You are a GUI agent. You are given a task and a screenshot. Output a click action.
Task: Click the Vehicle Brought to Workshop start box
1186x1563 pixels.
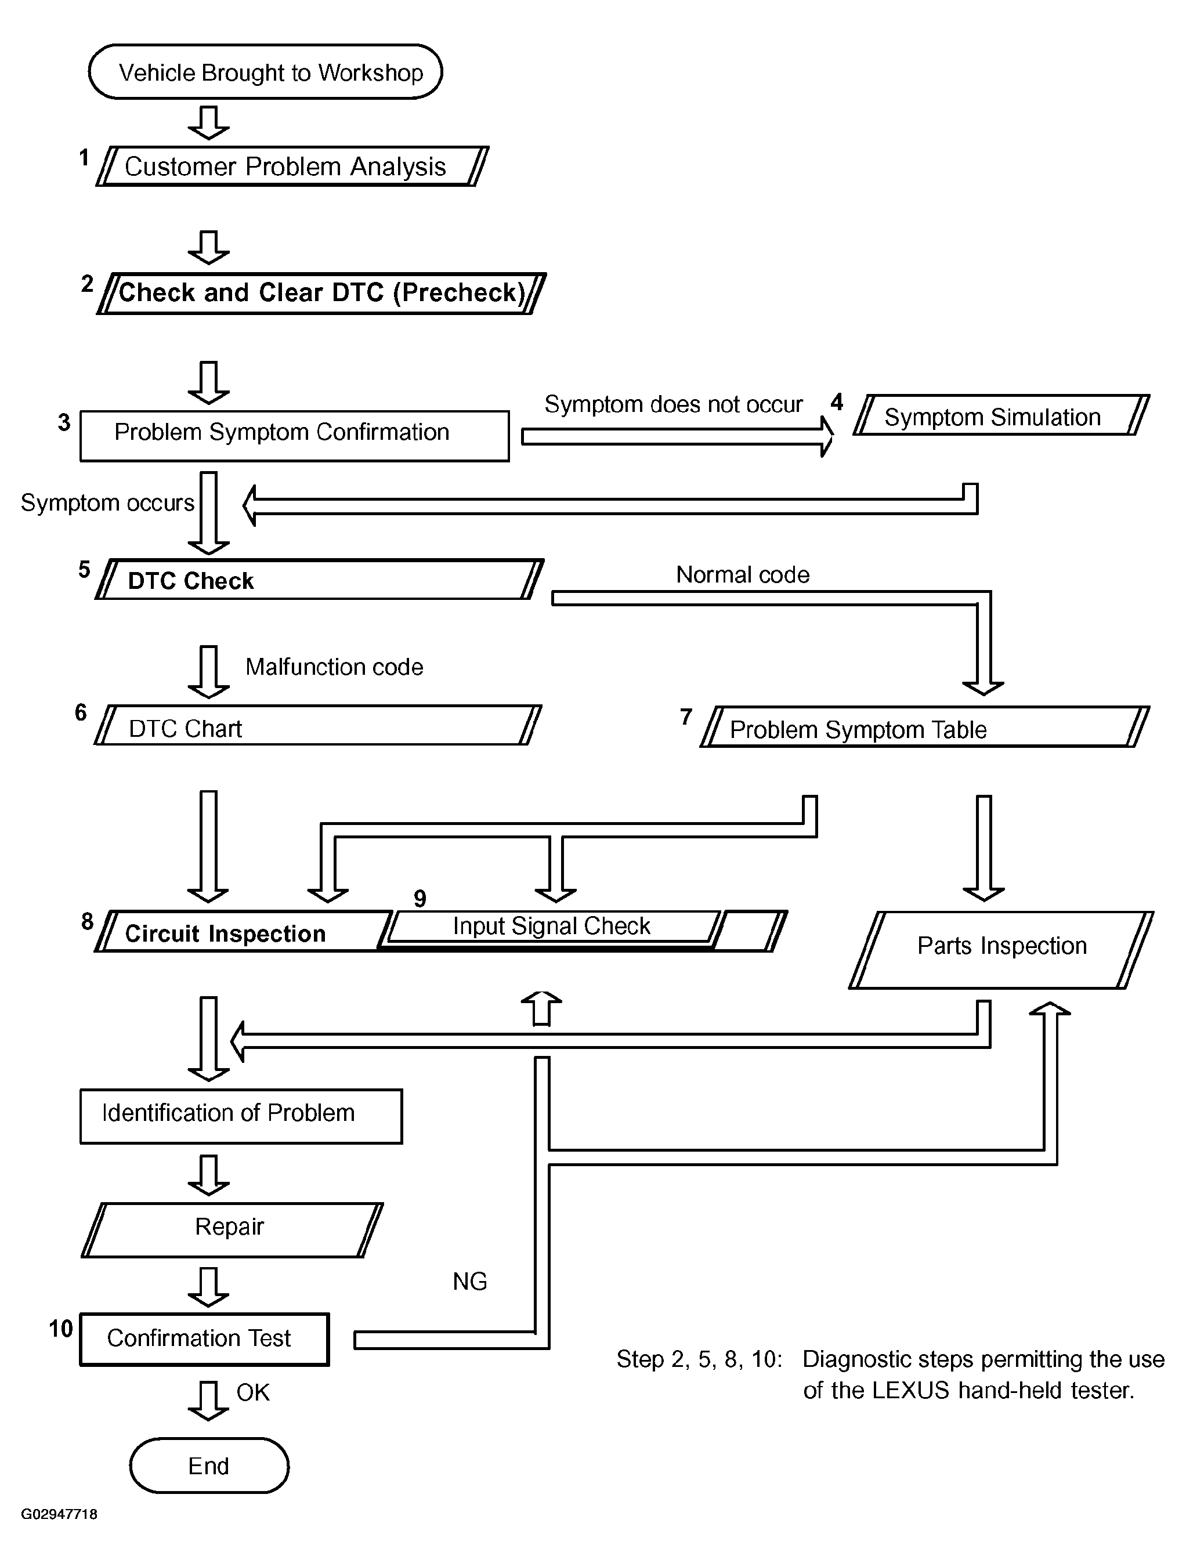pyautogui.click(x=265, y=72)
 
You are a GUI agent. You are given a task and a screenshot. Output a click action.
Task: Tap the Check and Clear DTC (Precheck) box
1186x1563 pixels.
pyautogui.click(x=321, y=292)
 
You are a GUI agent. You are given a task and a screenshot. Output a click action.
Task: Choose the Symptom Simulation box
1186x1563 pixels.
pyautogui.click(x=1001, y=416)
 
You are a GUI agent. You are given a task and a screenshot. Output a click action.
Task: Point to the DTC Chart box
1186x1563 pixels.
pyautogui.click(x=317, y=726)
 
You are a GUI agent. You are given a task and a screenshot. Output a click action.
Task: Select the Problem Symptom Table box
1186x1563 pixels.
pyautogui.click(x=924, y=728)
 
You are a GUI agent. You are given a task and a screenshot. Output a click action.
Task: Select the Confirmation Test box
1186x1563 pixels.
pyautogui.click(x=204, y=1339)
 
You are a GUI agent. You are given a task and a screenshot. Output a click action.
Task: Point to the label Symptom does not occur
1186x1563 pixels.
pyautogui.click(x=673, y=404)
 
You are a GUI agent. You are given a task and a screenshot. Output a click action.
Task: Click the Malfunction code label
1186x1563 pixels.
pyautogui.click(x=334, y=667)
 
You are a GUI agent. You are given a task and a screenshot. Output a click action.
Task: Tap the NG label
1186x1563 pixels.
pyautogui.click(x=470, y=1282)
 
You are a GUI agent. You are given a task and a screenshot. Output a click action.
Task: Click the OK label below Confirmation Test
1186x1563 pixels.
pyautogui.click(x=253, y=1392)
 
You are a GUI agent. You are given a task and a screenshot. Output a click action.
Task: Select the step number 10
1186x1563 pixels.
pyautogui.click(x=61, y=1329)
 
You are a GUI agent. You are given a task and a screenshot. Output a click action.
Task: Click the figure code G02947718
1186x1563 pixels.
pyautogui.click(x=59, y=1514)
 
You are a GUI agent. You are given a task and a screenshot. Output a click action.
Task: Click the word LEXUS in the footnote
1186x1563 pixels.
pyautogui.click(x=910, y=1391)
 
